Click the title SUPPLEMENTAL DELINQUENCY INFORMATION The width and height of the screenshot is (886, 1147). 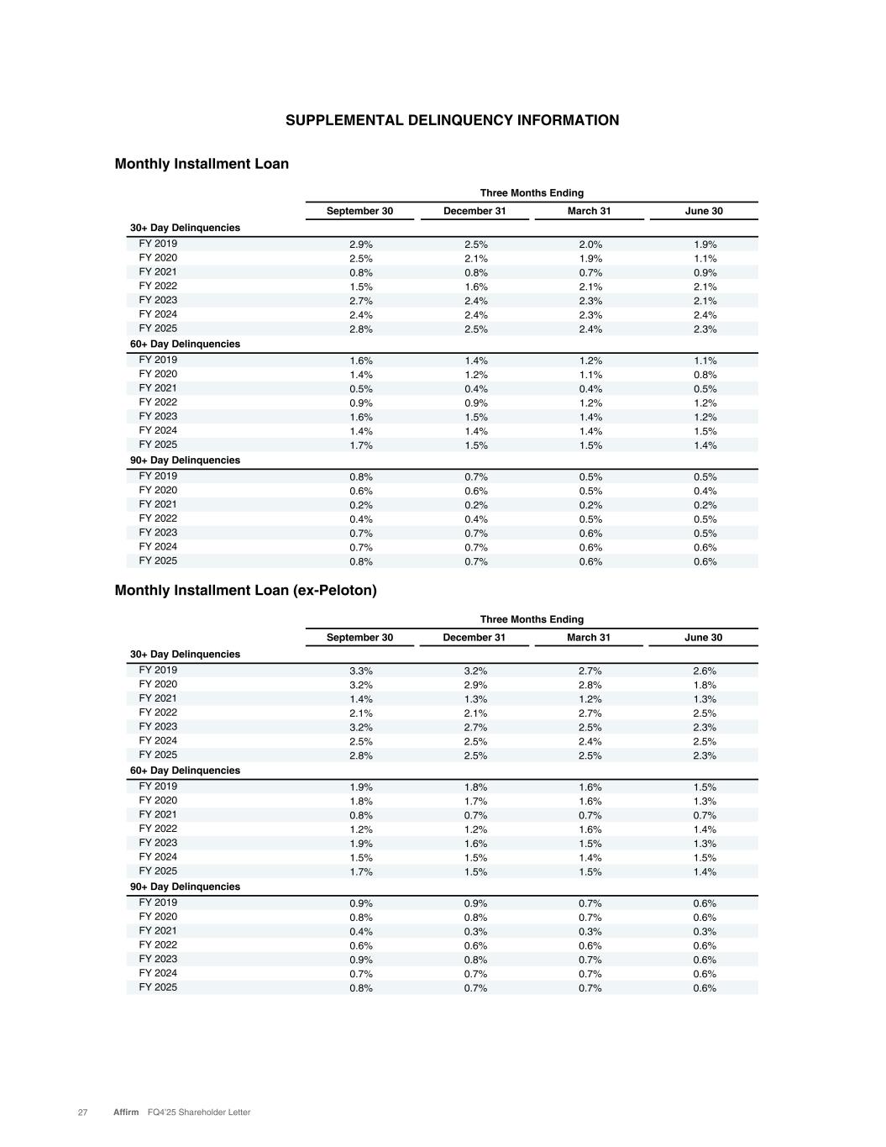(452, 120)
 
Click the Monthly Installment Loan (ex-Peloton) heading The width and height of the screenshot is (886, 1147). (245, 590)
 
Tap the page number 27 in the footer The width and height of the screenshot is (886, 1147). (83, 1112)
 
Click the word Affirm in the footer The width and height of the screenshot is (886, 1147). (126, 1112)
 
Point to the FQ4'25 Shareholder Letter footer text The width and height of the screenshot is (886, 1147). (198, 1112)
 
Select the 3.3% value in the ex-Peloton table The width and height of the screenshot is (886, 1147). (361, 671)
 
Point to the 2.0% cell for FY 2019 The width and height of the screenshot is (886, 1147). (590, 245)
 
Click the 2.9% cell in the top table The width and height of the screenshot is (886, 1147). (361, 245)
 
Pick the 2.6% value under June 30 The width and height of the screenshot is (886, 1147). (705, 671)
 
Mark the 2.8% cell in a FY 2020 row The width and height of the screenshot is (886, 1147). (590, 686)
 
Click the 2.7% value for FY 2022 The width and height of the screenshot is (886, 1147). (590, 713)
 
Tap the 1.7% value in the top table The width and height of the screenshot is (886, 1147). (361, 445)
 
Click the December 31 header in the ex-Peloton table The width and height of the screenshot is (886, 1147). (474, 637)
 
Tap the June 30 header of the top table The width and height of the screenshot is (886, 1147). (704, 211)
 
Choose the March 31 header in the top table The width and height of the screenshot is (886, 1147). (589, 211)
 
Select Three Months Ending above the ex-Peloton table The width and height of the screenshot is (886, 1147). (532, 619)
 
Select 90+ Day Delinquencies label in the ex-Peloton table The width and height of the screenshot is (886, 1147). (185, 887)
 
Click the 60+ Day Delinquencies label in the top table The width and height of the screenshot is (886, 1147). (185, 344)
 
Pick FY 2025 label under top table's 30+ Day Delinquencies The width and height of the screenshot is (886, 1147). (158, 329)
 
